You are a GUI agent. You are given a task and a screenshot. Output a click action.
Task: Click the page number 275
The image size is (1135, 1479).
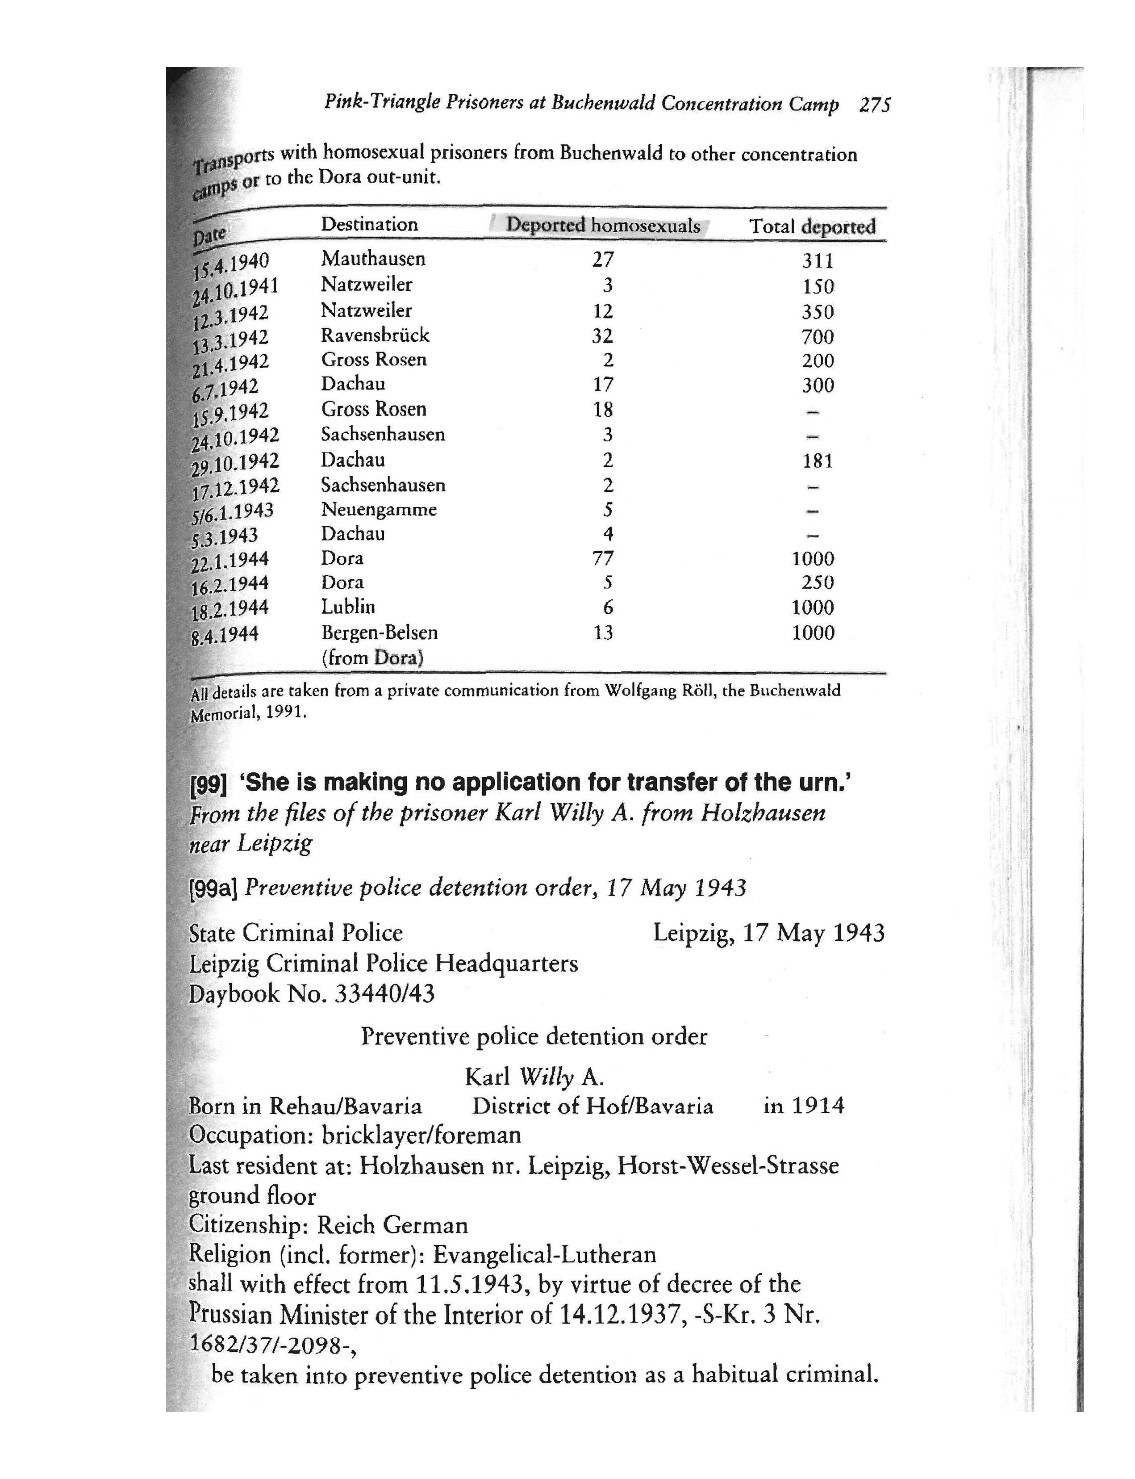pyautogui.click(x=874, y=105)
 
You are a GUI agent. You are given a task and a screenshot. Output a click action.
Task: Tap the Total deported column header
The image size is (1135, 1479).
pyautogui.click(x=812, y=226)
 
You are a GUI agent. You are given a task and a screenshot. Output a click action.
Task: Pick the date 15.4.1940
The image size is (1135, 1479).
pyautogui.click(x=231, y=265)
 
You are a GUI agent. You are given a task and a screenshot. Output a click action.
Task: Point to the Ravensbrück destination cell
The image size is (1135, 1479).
pyautogui.click(x=375, y=335)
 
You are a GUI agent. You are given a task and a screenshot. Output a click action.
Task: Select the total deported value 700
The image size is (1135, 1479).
pyautogui.click(x=818, y=337)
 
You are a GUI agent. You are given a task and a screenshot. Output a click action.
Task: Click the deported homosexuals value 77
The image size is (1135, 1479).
pyautogui.click(x=603, y=558)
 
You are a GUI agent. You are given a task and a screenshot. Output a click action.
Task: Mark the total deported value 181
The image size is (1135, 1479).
pyautogui.click(x=818, y=461)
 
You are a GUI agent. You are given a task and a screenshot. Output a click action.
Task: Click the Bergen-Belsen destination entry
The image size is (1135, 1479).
pyautogui.click(x=379, y=633)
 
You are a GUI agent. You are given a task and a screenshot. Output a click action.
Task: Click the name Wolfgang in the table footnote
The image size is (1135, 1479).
pyautogui.click(x=636, y=691)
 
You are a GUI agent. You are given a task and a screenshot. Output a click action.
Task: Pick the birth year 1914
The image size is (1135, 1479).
pyautogui.click(x=818, y=1106)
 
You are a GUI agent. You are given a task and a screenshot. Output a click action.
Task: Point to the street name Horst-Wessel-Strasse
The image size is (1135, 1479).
pyautogui.click(x=728, y=1166)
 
